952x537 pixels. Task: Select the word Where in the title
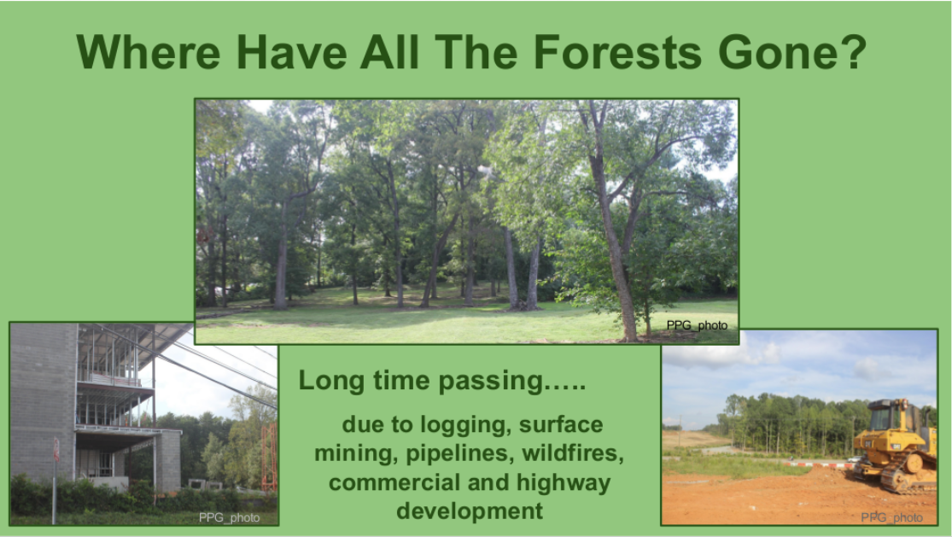(149, 52)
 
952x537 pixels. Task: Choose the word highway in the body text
(564, 483)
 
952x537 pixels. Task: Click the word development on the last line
(470, 511)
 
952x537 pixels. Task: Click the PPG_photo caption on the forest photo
(697, 326)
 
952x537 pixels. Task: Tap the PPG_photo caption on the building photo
(230, 517)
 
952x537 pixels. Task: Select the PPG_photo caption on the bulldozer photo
(892, 517)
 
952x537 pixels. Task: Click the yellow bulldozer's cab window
(881, 418)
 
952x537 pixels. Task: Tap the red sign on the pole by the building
(55, 450)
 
